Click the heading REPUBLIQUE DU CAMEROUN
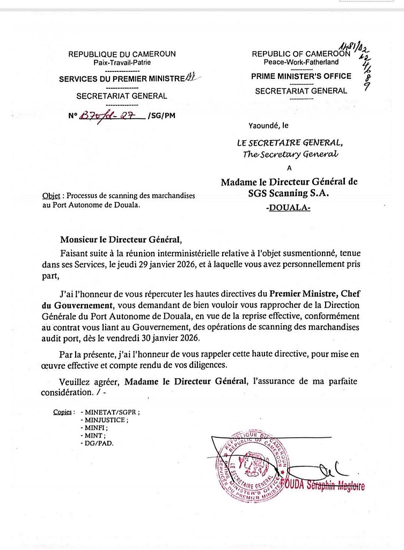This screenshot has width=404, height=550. coord(122,54)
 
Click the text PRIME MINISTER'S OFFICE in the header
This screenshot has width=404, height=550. coord(301,76)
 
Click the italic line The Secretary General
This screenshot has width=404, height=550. coord(290,155)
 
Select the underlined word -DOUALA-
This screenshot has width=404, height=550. coord(288,208)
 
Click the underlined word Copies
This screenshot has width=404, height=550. coord(64,412)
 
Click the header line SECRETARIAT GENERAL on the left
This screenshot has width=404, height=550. coord(122,96)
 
